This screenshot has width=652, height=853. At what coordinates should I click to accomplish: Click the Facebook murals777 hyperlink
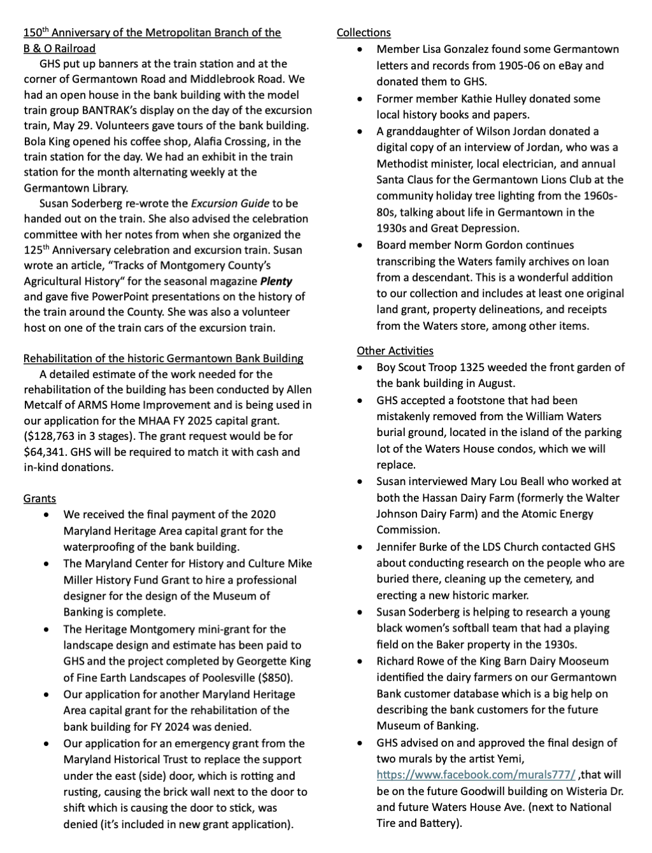click(x=476, y=775)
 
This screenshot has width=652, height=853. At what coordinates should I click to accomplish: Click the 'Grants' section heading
click(x=39, y=498)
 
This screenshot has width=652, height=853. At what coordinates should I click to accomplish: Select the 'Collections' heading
click(x=364, y=32)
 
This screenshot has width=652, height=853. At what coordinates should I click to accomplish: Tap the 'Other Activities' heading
click(x=395, y=351)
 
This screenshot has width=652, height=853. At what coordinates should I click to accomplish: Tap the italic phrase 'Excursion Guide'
click(x=230, y=204)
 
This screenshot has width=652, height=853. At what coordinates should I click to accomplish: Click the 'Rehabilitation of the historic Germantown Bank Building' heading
click(x=163, y=358)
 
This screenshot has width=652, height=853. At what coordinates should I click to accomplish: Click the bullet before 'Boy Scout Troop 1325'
click(x=362, y=368)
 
